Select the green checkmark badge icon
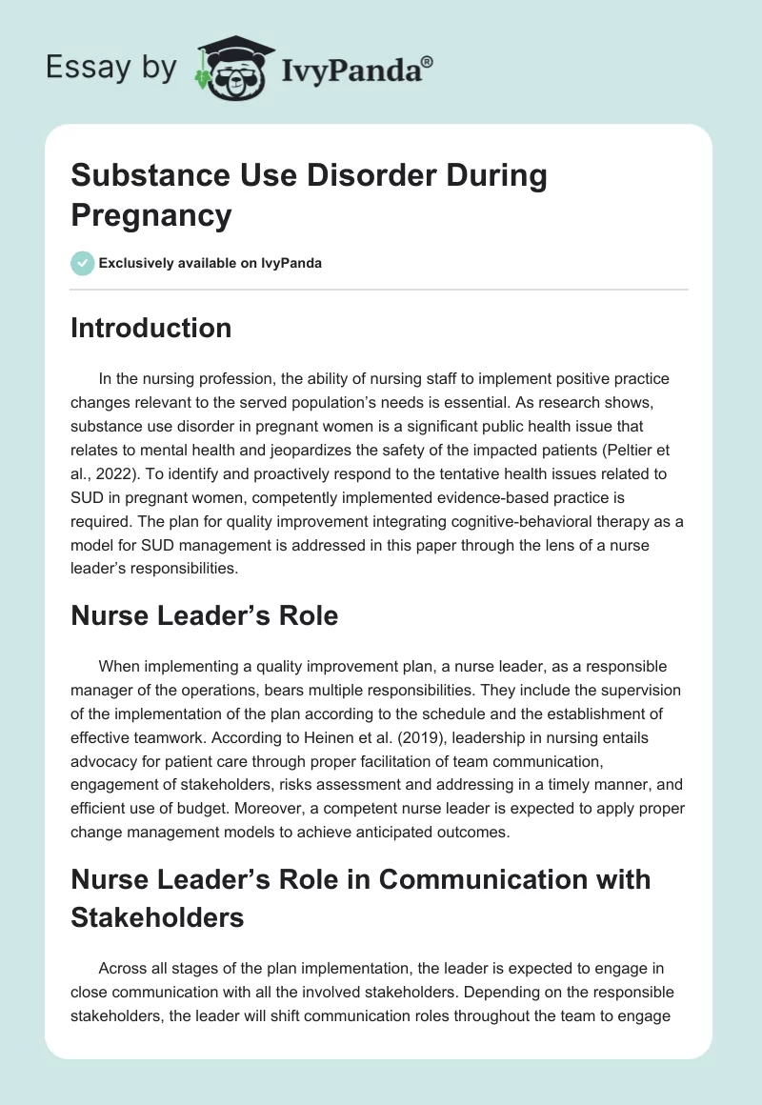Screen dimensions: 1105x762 (x=83, y=263)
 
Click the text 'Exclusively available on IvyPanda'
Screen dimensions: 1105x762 (x=211, y=263)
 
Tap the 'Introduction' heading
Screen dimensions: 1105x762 (x=151, y=328)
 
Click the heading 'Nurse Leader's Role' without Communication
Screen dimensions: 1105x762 (x=205, y=615)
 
